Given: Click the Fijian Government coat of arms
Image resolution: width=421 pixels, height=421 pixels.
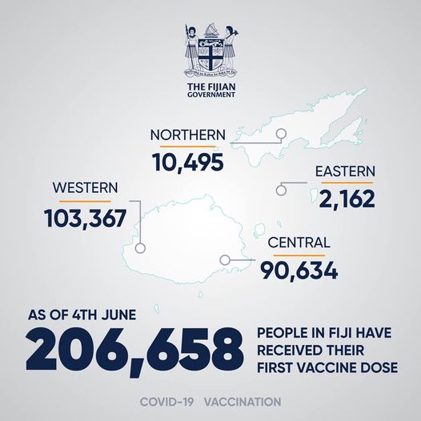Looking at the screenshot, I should (x=210, y=53).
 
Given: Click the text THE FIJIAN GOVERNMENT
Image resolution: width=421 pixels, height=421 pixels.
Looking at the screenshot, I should (x=210, y=90).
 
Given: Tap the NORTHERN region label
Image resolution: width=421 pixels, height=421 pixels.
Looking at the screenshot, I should (x=187, y=134).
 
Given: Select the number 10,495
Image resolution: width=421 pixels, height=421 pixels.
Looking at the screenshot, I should (x=187, y=162).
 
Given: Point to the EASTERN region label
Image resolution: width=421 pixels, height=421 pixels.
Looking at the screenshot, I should (x=345, y=172).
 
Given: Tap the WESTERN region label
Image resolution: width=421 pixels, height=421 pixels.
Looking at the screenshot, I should (x=85, y=188).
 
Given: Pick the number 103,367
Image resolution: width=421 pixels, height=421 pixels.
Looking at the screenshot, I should (x=86, y=216).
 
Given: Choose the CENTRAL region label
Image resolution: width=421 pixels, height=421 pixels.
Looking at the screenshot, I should (x=299, y=243).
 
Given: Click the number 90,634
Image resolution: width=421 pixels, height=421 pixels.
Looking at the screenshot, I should (x=299, y=271).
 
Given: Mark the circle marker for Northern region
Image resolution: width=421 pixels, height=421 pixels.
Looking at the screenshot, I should (x=281, y=135).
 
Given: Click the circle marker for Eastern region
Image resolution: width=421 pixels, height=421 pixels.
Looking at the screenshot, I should (x=281, y=190).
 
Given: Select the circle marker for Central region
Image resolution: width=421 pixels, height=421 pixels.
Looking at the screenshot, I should (x=224, y=259).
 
